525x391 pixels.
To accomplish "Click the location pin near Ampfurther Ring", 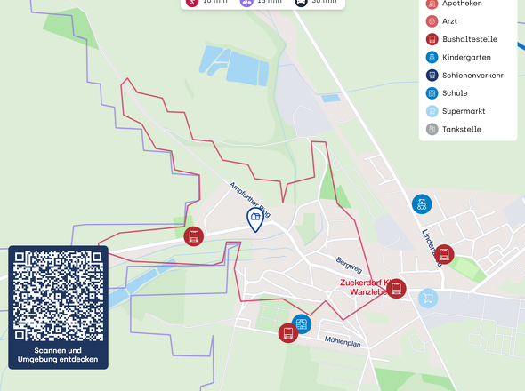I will (255, 219).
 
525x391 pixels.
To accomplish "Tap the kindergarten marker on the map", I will (421, 204).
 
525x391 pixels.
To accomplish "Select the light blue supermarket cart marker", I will (429, 298).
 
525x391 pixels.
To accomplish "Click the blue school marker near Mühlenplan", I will (302, 323).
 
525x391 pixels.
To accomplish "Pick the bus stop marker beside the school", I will (287, 333).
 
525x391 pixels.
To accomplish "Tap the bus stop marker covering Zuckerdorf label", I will (397, 288).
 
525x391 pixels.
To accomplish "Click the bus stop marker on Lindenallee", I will (444, 254).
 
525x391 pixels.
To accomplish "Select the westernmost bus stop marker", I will (193, 236).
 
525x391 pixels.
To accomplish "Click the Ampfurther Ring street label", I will (249, 200).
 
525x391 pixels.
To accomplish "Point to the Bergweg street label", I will (349, 266).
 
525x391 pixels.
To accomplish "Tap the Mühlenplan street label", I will (343, 341).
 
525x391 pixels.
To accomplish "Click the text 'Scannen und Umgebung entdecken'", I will (58, 355).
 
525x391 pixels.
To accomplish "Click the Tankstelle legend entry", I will (461, 130).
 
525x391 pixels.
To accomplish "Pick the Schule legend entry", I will (454, 93).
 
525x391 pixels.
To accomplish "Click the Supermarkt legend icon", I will (432, 112).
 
